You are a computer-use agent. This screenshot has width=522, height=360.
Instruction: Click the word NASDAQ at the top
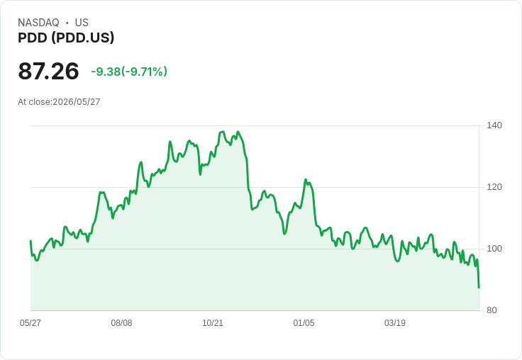point(38,23)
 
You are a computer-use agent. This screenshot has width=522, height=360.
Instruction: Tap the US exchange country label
point(82,23)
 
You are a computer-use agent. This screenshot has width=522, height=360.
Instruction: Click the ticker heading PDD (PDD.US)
point(66,38)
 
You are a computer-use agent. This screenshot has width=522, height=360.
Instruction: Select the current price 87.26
point(49,71)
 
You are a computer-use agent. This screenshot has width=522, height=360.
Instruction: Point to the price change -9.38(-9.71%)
point(129,72)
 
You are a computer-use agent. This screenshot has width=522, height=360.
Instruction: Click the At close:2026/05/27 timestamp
point(59,102)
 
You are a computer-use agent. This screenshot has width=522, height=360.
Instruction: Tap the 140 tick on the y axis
point(494,125)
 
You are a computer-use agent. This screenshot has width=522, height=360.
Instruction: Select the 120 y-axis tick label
point(494,187)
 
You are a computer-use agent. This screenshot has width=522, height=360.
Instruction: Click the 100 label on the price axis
point(494,249)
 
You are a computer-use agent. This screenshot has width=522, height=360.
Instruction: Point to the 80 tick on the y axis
point(492,310)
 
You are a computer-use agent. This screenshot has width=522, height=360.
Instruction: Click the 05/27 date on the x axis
point(30,322)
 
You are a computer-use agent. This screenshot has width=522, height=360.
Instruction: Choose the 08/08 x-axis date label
point(121,322)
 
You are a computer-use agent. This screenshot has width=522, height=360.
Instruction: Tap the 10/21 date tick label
point(213,322)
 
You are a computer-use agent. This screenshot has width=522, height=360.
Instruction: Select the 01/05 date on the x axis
point(304,322)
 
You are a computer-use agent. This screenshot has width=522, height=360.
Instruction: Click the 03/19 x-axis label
point(395,322)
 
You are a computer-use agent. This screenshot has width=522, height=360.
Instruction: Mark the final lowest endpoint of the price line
point(479,288)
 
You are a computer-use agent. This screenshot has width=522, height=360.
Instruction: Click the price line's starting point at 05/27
point(30,240)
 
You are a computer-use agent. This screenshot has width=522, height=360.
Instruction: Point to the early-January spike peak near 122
point(305,180)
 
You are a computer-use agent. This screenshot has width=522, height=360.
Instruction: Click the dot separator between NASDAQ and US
point(67,23)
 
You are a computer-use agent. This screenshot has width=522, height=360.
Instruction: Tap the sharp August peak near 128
point(141,162)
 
